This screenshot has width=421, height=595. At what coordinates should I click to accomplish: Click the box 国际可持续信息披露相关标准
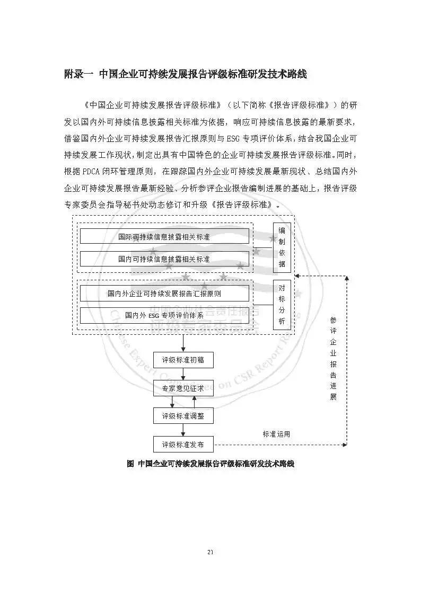pos(164,236)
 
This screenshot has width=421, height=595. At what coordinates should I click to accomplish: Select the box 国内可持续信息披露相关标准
pos(164,259)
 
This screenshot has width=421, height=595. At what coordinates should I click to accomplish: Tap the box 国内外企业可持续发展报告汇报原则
pos(164,293)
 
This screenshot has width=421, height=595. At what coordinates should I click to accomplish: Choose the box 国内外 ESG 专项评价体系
pos(164,315)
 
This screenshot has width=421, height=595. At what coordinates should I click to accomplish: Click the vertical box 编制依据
pos(282,247)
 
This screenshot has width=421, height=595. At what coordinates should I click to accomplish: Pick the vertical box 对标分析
pos(282,305)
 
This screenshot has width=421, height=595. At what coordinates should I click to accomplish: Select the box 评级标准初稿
pos(183,361)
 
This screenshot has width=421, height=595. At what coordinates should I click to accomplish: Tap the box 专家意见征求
pos(183,388)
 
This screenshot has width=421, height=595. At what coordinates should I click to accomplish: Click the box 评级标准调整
pos(183,416)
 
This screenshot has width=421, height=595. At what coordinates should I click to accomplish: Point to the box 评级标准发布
pos(183,444)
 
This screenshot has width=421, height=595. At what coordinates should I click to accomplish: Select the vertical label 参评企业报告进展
pos(333,358)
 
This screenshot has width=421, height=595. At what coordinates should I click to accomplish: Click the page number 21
pos(210,553)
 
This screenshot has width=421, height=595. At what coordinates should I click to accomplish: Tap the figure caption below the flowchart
pos(210,464)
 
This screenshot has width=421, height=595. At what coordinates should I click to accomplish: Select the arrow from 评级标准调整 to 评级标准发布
pos(183,430)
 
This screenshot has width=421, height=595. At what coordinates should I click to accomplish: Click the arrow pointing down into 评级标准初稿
pos(183,344)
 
